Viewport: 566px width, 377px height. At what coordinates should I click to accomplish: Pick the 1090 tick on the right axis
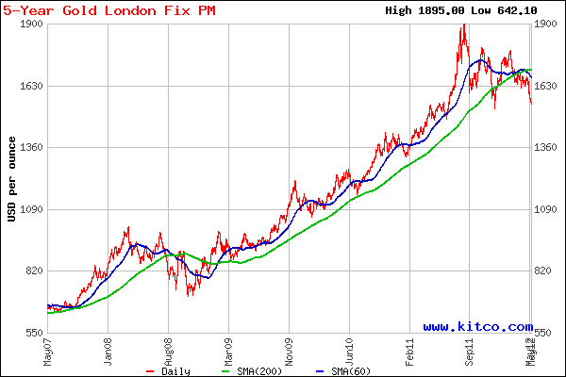[549, 209]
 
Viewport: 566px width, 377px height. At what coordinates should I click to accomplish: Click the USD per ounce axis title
[11, 179]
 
